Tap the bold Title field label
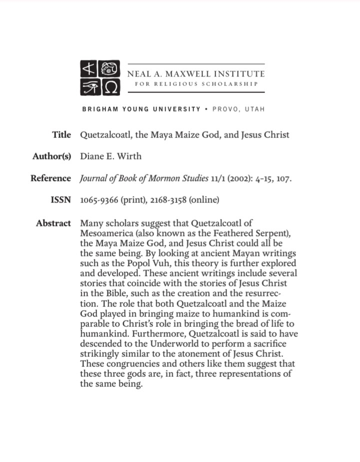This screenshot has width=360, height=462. [61, 135]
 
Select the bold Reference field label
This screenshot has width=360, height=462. [51, 178]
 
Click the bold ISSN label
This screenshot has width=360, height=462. [61, 200]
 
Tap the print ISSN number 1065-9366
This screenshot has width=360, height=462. [98, 200]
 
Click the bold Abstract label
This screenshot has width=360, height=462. [53, 223]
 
